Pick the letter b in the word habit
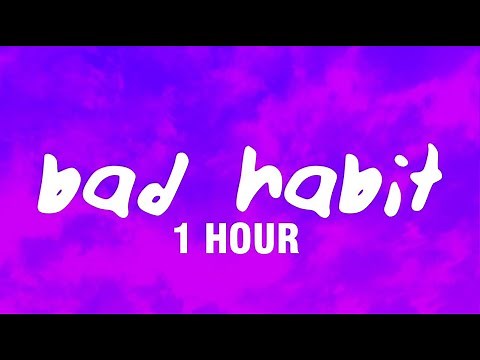[336, 182]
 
